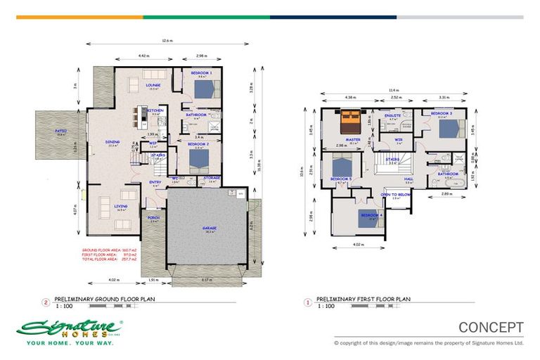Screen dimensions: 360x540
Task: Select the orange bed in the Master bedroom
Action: click(x=349, y=124)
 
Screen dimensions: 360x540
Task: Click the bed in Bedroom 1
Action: click(x=205, y=89)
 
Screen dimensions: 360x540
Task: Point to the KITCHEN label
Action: click(x=156, y=110)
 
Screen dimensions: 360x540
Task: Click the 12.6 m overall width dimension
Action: click(x=166, y=41)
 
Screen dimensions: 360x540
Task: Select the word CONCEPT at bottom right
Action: click(x=491, y=327)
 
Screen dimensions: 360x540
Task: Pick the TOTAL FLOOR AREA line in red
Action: click(x=110, y=259)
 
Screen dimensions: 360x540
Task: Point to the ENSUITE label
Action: click(x=392, y=114)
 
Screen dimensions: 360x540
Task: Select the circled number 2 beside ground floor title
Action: click(x=46, y=303)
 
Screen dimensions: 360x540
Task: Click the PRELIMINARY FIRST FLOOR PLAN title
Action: click(x=363, y=299)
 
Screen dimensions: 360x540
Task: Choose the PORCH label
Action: click(x=153, y=218)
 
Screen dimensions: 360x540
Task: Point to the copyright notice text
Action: click(x=428, y=343)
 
